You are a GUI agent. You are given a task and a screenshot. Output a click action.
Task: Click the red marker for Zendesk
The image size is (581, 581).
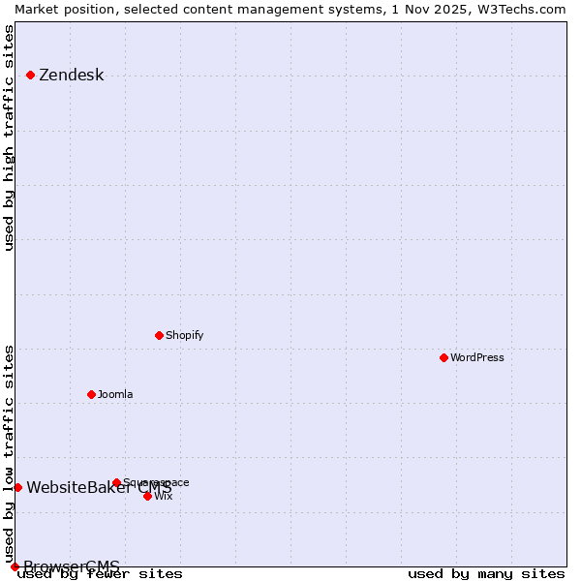pyautogui.click(x=30, y=75)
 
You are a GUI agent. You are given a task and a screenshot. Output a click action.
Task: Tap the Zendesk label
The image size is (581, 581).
pyautogui.click(x=71, y=76)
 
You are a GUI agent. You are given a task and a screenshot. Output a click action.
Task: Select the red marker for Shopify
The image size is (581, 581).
pyautogui.click(x=160, y=335)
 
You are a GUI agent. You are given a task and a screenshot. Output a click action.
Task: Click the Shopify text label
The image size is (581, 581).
pyautogui.click(x=184, y=335)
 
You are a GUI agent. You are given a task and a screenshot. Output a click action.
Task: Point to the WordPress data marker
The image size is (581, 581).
pyautogui.click(x=443, y=357)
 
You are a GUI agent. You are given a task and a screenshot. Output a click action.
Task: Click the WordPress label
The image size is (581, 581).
pyautogui.click(x=476, y=357)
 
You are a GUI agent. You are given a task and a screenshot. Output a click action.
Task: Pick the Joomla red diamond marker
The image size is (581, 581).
pyautogui.click(x=92, y=394)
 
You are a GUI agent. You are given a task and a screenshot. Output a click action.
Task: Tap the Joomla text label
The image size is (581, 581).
pyautogui.click(x=115, y=394)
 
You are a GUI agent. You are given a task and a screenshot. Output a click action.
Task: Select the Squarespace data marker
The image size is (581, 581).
pyautogui.click(x=116, y=482)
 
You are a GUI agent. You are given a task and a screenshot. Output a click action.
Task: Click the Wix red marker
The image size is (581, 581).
pyautogui.click(x=147, y=496)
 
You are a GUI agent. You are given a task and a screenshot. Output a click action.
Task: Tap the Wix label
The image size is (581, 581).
pyautogui.click(x=163, y=496)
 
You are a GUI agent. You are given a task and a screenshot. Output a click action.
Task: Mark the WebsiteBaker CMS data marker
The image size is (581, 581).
pyautogui.click(x=17, y=487)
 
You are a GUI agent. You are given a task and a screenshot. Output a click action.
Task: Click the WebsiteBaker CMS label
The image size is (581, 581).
pyautogui.click(x=99, y=487)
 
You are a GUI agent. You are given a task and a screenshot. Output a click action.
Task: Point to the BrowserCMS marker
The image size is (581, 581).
pyautogui.click(x=15, y=566)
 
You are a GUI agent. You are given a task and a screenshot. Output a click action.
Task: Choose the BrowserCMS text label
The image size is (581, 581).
pyautogui.click(x=72, y=566)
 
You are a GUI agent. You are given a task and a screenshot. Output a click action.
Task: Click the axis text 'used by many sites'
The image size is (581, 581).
pyautogui.click(x=486, y=574)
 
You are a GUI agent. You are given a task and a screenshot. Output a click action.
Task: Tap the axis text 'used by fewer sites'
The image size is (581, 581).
pyautogui.click(x=100, y=574)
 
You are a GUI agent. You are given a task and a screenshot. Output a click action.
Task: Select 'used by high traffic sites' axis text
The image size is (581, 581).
pyautogui.click(x=10, y=138)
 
